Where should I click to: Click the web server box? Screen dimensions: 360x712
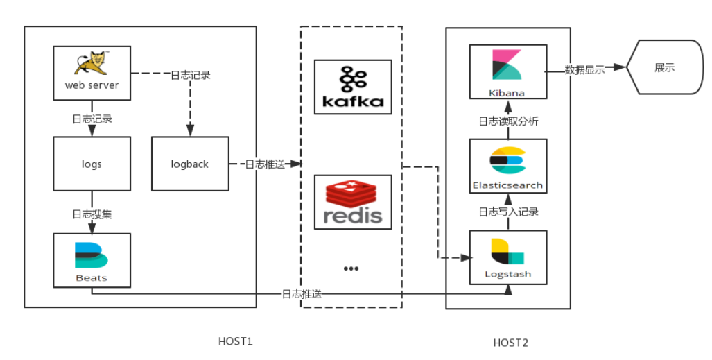[92, 73]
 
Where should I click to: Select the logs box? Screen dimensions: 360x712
[92, 164]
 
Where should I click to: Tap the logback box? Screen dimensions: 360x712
[190, 164]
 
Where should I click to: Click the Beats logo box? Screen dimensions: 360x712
[92, 260]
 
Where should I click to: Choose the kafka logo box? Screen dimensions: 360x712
[352, 87]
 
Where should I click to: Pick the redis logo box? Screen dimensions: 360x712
[352, 202]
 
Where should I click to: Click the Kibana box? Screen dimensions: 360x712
[507, 71]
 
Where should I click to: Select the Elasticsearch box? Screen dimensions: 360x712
[507, 165]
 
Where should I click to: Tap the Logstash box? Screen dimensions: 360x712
[507, 257]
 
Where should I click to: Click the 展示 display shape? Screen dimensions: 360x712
[663, 67]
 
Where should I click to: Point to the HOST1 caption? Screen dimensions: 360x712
[236, 341]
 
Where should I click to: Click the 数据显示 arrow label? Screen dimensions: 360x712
[584, 69]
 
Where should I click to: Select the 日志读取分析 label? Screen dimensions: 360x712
[508, 121]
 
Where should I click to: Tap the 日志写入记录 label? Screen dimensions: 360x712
[508, 212]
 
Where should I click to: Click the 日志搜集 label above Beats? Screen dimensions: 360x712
[92, 214]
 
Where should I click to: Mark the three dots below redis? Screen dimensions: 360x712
[351, 268]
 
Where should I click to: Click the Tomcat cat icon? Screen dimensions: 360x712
[92, 63]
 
